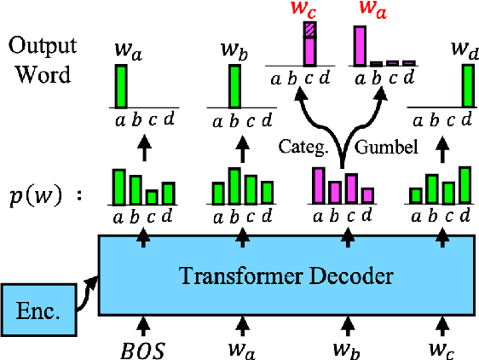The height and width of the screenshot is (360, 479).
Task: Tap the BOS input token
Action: pos(143,348)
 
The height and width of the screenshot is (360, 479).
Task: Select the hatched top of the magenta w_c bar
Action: pos(309,30)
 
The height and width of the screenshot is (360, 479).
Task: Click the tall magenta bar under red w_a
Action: pos(360,45)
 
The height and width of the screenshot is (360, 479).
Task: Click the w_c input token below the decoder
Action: pos(443,348)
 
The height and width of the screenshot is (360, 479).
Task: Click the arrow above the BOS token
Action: pos(143,323)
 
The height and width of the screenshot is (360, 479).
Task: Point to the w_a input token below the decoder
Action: pos(245,348)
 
